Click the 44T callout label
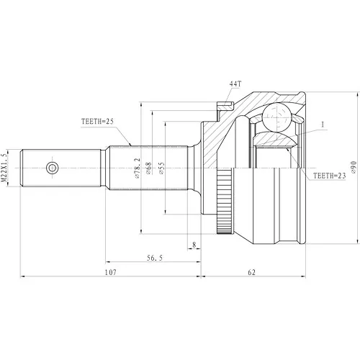click(x=235, y=84)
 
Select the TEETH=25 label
click(x=97, y=122)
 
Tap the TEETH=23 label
click(x=330, y=176)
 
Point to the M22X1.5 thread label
click(x=4, y=168)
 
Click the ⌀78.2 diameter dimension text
click(x=137, y=168)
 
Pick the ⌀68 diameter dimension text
click(x=148, y=168)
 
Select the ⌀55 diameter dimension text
click(x=162, y=168)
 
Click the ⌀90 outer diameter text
click(x=354, y=167)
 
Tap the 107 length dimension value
click(x=110, y=272)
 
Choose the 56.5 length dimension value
click(x=155, y=258)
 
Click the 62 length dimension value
click(x=252, y=272)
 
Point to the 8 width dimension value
click(x=194, y=245)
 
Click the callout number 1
click(x=323, y=125)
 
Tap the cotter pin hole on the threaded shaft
click(x=52, y=168)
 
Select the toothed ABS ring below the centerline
click(x=225, y=201)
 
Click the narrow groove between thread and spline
click(x=103, y=168)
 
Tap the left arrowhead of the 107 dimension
click(x=22, y=276)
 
